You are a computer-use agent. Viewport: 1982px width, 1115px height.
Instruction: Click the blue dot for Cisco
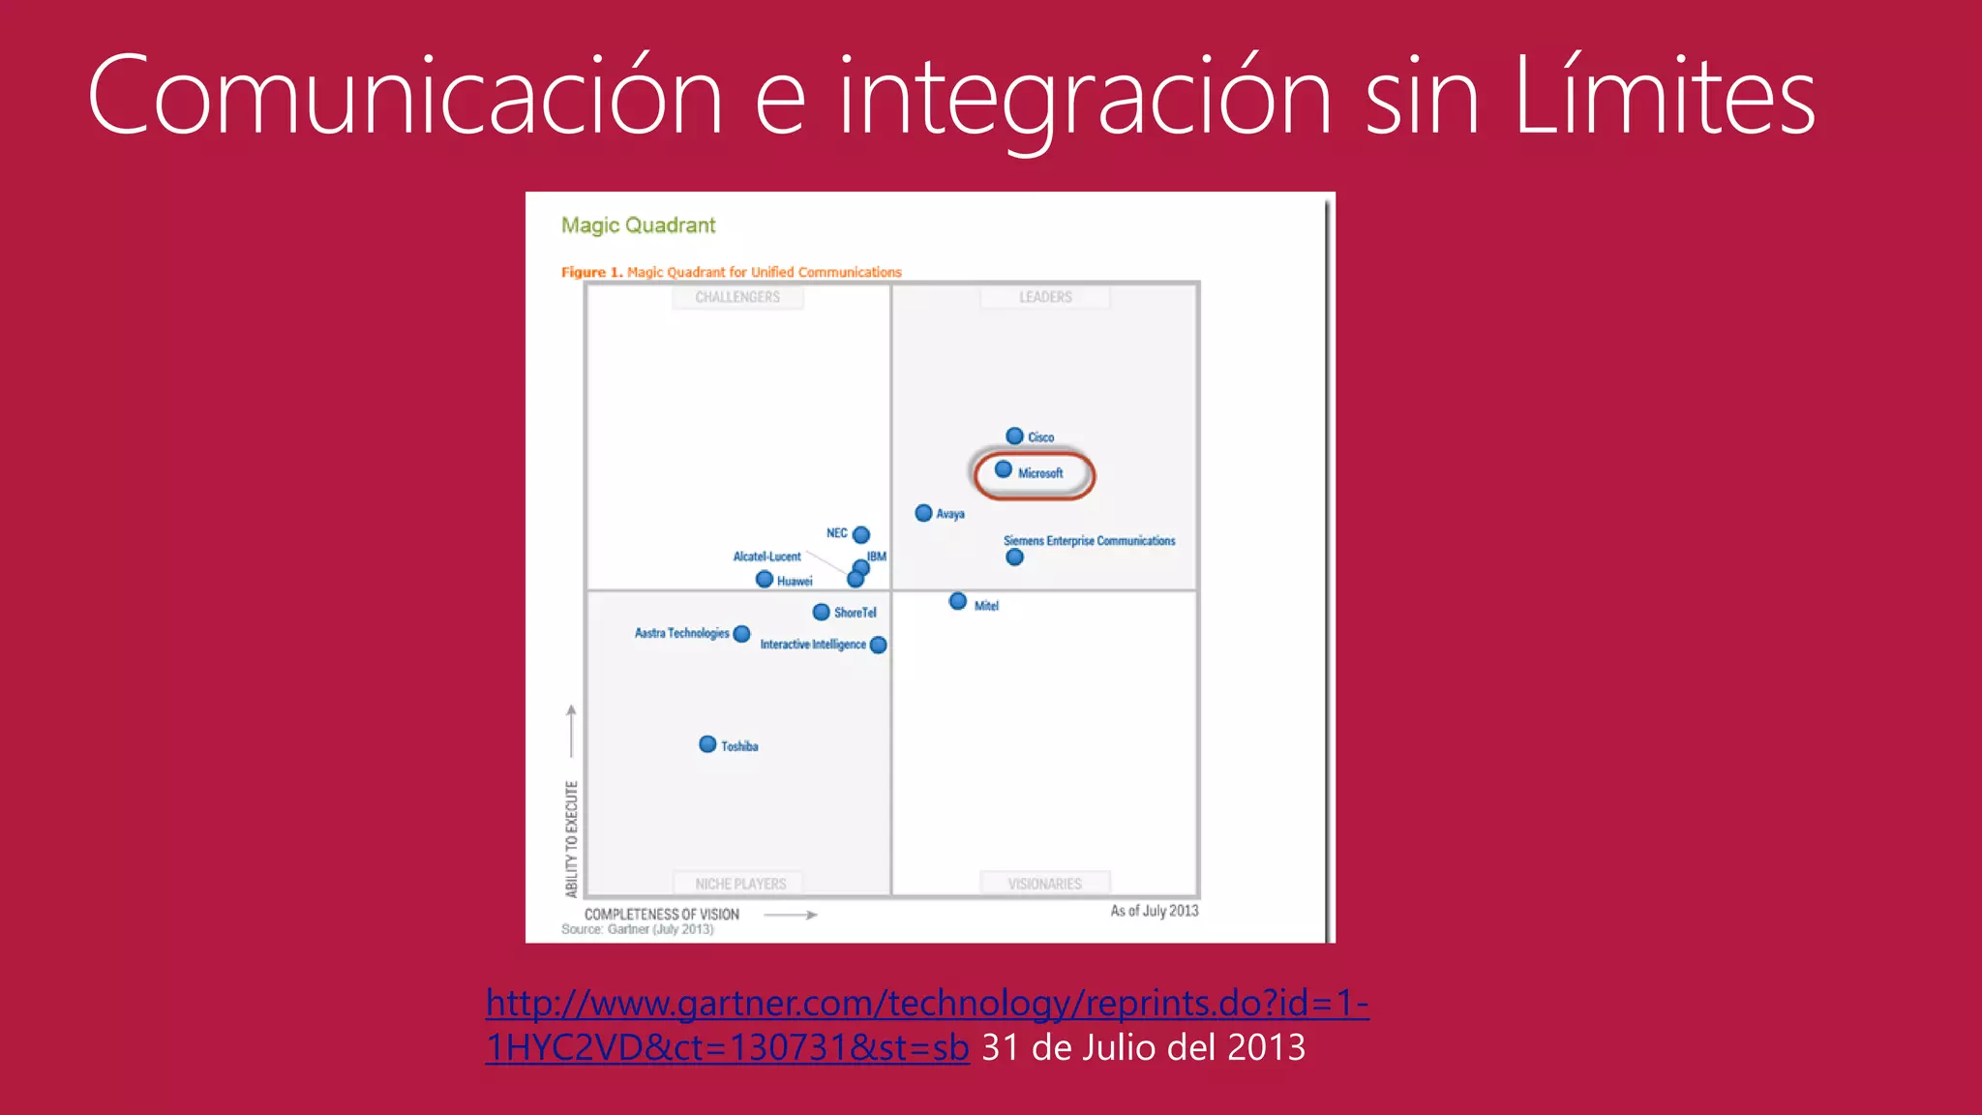coord(1014,436)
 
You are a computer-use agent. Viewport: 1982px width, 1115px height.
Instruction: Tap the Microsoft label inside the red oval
coord(1040,473)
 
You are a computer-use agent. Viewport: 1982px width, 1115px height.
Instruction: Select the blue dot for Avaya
coord(923,513)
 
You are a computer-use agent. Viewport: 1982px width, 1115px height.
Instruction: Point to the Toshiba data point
coord(707,744)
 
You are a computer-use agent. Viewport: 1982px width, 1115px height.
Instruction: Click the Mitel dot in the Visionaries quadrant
coord(958,601)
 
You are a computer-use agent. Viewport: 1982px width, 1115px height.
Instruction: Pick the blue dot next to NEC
coord(861,534)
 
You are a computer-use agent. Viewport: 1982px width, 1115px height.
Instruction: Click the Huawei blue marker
coord(765,579)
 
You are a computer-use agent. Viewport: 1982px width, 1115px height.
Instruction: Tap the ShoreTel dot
coord(821,612)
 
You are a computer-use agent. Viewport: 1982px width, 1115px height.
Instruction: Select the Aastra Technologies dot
coord(742,634)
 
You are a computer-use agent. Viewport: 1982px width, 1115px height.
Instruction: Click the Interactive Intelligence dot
coord(879,645)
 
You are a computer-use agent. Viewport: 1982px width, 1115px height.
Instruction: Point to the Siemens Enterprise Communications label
coord(1089,541)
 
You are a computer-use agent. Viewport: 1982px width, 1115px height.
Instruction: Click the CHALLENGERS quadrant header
coord(737,297)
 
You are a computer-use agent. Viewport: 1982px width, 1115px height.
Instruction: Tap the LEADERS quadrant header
coord(1045,297)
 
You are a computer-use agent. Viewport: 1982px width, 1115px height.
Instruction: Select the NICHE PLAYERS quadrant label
coord(740,884)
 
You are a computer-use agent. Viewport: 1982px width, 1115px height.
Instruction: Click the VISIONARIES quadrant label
coord(1044,884)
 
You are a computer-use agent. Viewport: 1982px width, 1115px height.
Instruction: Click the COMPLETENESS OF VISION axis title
coord(662,914)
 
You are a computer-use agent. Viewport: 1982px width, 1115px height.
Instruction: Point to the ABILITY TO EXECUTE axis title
coord(571,838)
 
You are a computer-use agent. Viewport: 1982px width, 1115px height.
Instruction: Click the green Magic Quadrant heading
coord(639,226)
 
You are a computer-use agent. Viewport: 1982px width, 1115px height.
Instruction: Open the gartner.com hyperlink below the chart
coord(926,1004)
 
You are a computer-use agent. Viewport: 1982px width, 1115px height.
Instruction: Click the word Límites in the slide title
coord(1664,97)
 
